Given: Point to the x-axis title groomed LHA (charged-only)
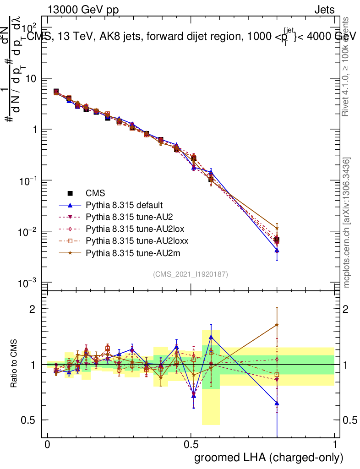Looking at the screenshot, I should click(269, 457).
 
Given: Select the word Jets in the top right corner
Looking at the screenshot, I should click(324, 10).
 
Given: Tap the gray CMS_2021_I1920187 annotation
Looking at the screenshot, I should click(191, 274).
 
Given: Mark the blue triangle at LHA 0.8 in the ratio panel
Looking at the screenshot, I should click(277, 404).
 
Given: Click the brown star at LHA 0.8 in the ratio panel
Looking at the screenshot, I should click(277, 325).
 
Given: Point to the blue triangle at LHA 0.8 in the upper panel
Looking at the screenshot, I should click(277, 251).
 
